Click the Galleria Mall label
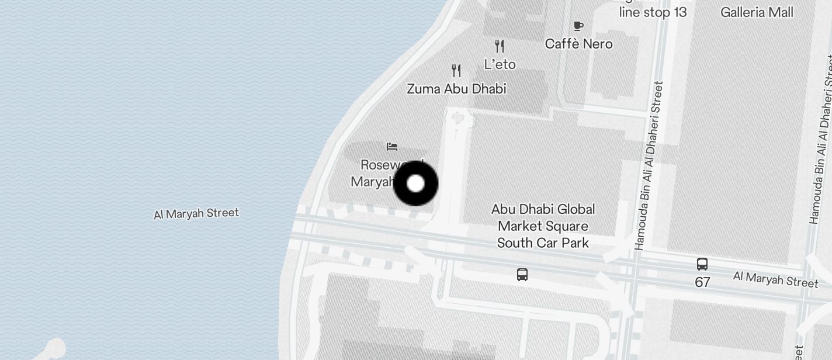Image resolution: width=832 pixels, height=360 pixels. pyautogui.click(x=757, y=12)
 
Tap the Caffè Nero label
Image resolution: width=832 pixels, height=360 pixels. pyautogui.click(x=578, y=44)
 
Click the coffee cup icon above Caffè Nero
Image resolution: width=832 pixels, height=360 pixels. pyautogui.click(x=578, y=26)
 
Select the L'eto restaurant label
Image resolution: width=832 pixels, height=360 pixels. pyautogui.click(x=500, y=64)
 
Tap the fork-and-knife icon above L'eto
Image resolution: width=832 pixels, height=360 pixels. pyautogui.click(x=500, y=46)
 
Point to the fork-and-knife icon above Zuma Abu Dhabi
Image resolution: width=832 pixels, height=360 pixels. pyautogui.click(x=456, y=71)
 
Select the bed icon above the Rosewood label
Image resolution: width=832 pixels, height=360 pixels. pyautogui.click(x=392, y=146)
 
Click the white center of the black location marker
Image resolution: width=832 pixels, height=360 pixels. pyautogui.click(x=415, y=184)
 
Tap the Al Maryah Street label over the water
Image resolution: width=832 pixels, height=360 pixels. pyautogui.click(x=196, y=213)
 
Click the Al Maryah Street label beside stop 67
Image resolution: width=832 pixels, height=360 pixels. pyautogui.click(x=775, y=279)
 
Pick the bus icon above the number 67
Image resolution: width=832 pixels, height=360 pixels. pyautogui.click(x=702, y=264)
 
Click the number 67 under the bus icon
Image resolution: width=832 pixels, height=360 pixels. pyautogui.click(x=702, y=282)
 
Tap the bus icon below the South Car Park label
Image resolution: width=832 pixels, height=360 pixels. pyautogui.click(x=522, y=274)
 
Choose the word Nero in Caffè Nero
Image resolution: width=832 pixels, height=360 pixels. pyautogui.click(x=597, y=44)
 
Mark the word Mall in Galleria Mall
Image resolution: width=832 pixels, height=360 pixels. pyautogui.click(x=782, y=12)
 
